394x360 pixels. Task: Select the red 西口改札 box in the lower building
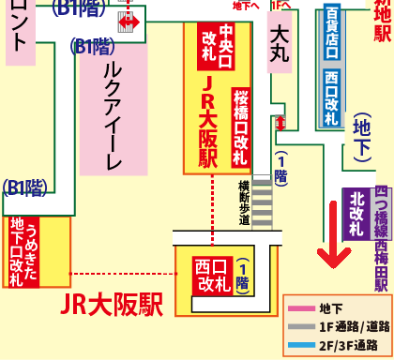[x=208, y=278]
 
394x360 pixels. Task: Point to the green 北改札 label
[x=356, y=217]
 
